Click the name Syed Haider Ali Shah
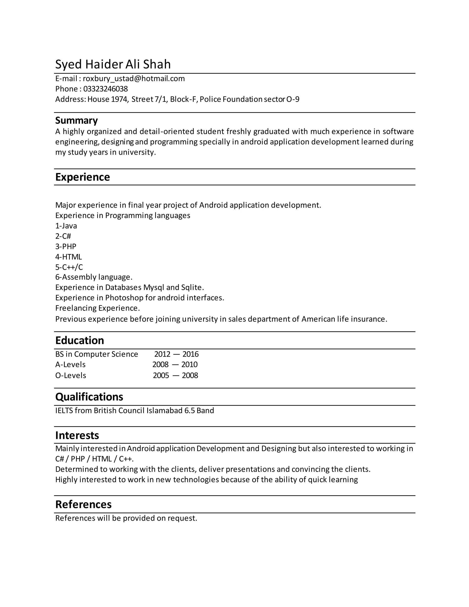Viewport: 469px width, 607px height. (x=113, y=64)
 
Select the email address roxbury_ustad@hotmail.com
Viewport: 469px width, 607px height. (x=134, y=79)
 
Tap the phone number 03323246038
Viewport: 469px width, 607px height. (x=105, y=89)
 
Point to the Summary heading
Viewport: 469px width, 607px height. (x=76, y=120)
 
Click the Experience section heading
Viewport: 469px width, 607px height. (x=82, y=177)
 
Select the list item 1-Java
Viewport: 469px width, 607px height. (x=66, y=226)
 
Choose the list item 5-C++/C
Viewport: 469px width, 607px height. (x=69, y=267)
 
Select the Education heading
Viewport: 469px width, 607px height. (x=79, y=340)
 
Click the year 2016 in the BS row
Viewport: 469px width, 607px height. (x=191, y=354)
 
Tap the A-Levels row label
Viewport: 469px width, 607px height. (x=70, y=364)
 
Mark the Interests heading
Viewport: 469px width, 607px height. (x=77, y=435)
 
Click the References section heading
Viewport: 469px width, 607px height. (x=83, y=504)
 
